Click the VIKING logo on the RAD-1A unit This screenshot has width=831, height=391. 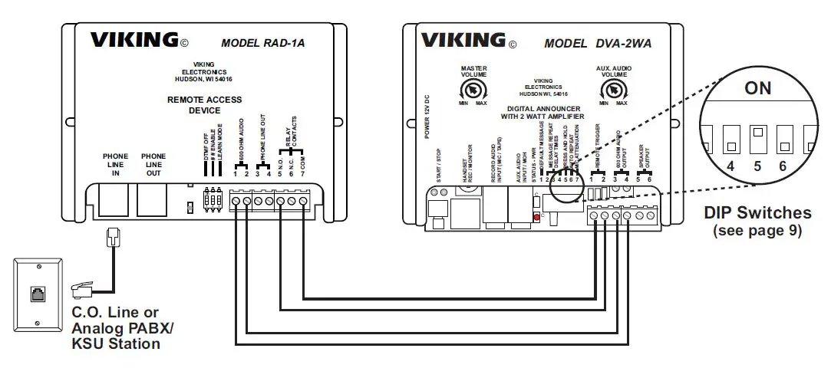(134, 41)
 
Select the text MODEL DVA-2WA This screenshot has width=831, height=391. (598, 44)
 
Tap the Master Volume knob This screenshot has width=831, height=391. (473, 90)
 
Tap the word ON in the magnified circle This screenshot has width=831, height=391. (757, 88)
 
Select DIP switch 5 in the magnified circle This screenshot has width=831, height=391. (757, 139)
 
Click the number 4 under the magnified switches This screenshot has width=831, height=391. (730, 166)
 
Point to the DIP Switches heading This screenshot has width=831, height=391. (757, 213)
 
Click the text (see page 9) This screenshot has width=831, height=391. (757, 230)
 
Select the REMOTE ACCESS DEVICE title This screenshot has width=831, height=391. (204, 105)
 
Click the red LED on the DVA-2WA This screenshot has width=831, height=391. (535, 218)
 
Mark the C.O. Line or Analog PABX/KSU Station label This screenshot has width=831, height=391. (123, 328)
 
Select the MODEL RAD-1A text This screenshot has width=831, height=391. (262, 43)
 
